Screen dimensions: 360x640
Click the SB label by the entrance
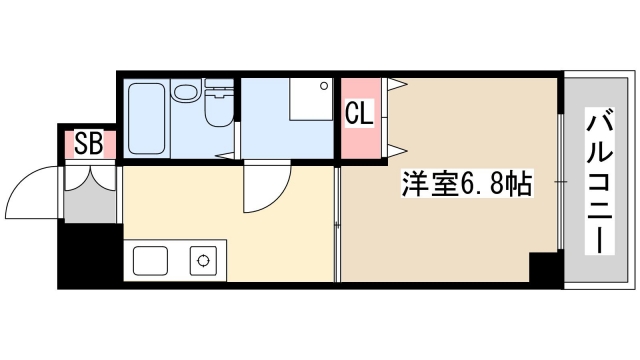[88, 144]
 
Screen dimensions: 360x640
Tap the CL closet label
[359, 113]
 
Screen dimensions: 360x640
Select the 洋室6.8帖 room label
[466, 184]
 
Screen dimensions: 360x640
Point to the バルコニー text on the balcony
[599, 184]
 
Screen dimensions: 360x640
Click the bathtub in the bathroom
[146, 117]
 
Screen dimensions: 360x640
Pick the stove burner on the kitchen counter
[205, 262]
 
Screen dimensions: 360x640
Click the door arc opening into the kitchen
[265, 190]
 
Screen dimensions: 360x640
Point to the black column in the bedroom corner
[544, 268]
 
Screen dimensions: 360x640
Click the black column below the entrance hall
[88, 255]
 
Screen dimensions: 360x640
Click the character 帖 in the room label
[517, 184]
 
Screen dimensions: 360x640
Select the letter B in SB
[95, 144]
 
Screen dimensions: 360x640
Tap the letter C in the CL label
[352, 113]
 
